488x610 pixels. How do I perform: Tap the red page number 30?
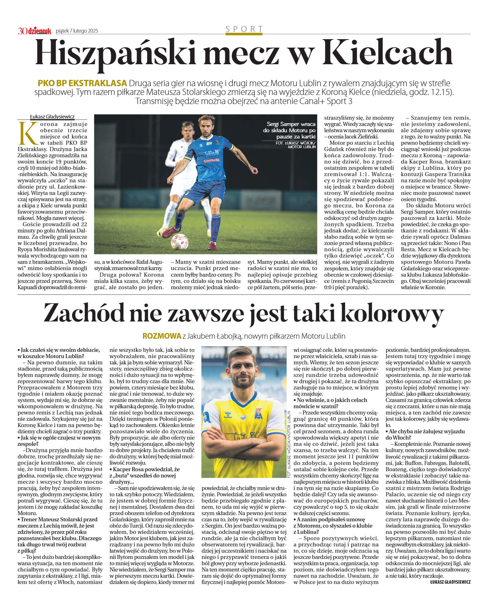point(22,31)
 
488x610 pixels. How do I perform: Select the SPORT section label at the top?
point(244,29)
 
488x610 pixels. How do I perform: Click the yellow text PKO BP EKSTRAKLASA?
point(82,83)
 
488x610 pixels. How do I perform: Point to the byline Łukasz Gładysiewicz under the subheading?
point(52,117)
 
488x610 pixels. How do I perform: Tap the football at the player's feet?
point(179,242)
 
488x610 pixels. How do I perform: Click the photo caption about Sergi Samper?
point(289,130)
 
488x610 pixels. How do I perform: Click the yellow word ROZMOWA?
point(162,336)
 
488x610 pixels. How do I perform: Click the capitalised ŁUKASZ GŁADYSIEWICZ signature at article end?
point(450,582)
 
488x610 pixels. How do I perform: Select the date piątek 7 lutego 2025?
point(77,31)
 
